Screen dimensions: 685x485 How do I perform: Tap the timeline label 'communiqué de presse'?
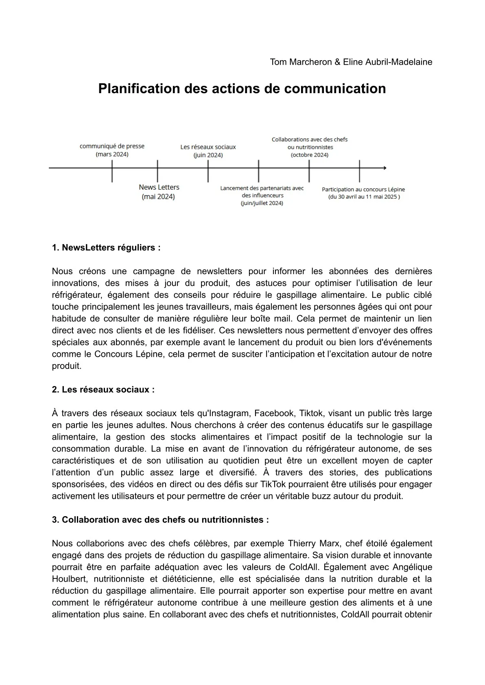point(112,146)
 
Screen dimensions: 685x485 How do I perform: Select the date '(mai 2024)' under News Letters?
point(158,197)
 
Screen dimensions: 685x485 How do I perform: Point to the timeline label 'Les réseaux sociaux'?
point(208,147)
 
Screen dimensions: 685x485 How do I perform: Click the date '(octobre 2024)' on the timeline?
point(310,155)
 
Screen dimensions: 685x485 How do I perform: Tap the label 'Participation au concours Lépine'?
point(363,189)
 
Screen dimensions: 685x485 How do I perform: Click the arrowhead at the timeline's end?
point(384,168)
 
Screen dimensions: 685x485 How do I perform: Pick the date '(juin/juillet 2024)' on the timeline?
point(262,203)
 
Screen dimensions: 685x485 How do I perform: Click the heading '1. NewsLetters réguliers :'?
point(106,248)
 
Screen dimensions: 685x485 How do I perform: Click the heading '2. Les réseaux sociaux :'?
point(103,390)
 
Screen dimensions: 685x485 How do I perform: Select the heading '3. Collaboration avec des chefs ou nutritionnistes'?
point(160,520)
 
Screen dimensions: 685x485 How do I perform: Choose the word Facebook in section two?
point(274,413)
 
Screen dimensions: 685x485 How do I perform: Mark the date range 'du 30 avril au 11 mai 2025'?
point(364,197)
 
